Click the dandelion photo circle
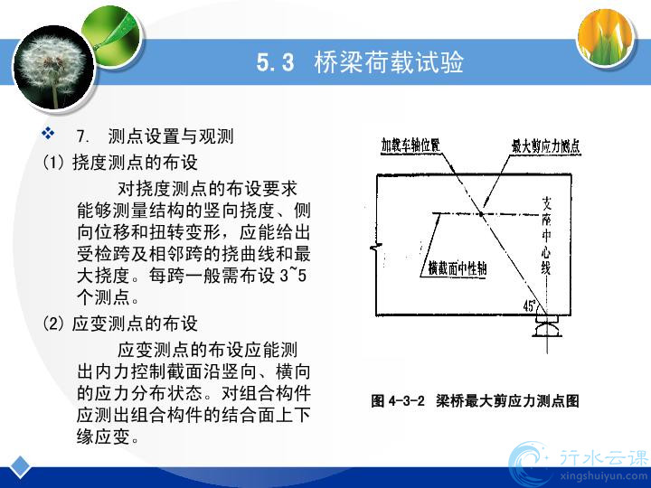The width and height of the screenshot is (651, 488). pos(54,68)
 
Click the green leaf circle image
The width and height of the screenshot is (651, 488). pos(113,36)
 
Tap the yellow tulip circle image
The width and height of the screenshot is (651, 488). pos(606,36)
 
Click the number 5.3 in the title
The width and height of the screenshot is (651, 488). pos(275,62)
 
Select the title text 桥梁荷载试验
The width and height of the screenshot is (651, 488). pos(389,62)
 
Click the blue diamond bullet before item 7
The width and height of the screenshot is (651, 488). pos(48,133)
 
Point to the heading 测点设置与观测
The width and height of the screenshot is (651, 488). pos(171,136)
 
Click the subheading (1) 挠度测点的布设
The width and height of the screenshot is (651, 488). pos(120,163)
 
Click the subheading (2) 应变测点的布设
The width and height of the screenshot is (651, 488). pos(120,324)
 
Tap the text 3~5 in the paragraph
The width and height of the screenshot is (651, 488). pos(293,275)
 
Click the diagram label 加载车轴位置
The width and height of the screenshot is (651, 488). pos(410,145)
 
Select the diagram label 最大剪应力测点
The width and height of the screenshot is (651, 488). pos(545,146)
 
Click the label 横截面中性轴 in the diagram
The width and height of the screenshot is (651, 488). pos(458,269)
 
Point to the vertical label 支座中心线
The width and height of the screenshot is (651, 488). pos(546,235)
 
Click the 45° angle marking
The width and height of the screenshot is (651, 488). pos(529,305)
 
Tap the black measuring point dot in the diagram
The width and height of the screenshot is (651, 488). pos(481,214)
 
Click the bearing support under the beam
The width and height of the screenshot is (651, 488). pos(547,326)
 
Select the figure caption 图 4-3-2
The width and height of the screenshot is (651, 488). pos(398,401)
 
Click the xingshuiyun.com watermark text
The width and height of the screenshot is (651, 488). pos(604,476)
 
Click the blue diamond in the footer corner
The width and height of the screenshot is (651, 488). pos(20,467)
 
